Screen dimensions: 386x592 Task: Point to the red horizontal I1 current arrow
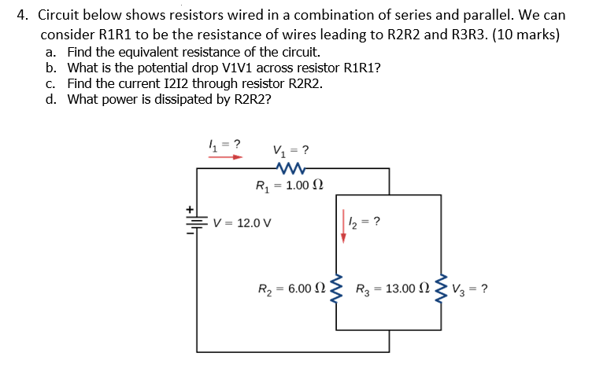225,156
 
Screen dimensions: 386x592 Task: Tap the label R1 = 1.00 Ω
290,186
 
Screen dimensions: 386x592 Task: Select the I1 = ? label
224,143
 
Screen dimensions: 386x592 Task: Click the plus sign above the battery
190,209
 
